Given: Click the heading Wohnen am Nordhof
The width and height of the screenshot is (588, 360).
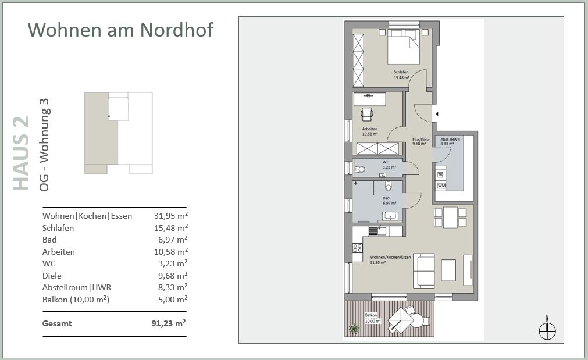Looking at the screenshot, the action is [x=120, y=30].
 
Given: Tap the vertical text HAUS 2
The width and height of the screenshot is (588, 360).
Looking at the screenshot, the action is [x=21, y=153].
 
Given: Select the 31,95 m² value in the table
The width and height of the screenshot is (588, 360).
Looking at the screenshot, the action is [x=170, y=216].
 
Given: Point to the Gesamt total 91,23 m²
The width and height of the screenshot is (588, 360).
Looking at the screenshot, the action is [x=169, y=323].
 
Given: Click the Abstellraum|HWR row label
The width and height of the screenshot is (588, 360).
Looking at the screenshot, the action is [x=77, y=288].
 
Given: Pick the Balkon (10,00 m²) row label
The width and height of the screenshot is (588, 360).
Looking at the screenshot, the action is [x=76, y=300].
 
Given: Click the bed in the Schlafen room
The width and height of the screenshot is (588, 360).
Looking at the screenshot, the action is [x=404, y=47].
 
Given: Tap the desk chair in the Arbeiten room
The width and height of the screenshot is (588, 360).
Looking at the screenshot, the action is [x=367, y=114].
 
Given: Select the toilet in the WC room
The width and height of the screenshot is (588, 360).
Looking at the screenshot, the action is [x=359, y=169].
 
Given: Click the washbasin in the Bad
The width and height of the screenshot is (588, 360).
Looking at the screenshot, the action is [x=390, y=216].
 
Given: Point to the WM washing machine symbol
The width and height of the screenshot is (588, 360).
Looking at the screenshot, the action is [x=441, y=186].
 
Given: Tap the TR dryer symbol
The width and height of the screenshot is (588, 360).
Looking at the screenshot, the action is [x=440, y=174].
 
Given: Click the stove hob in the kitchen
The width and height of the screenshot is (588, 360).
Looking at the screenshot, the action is [x=357, y=248].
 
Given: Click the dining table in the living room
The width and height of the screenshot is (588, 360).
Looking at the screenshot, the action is [x=450, y=217].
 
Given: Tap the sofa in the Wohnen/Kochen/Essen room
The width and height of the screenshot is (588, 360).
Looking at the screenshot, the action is [x=423, y=271].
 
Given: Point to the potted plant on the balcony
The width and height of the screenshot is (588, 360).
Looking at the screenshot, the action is [x=354, y=329].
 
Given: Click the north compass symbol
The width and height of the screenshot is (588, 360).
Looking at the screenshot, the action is [x=547, y=329].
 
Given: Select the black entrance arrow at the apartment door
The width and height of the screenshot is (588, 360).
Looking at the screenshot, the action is [x=437, y=114].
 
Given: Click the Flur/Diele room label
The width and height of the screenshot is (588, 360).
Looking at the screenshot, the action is [x=420, y=141].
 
